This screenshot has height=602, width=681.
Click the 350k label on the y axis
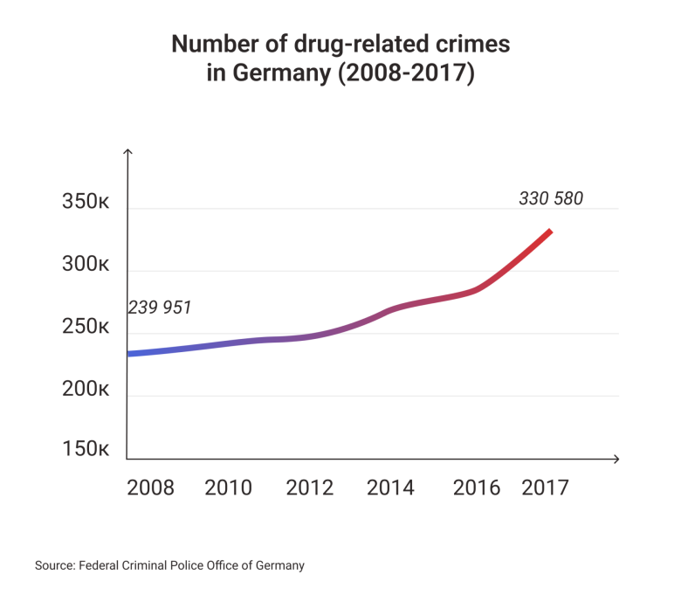tap(85, 203)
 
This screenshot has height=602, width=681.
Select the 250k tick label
tap(85, 329)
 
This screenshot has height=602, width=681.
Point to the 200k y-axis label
tap(85, 390)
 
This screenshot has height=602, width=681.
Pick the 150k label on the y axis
tap(85, 450)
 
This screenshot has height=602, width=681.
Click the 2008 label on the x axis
tap(150, 488)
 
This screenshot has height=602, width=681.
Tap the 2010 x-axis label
tap(229, 488)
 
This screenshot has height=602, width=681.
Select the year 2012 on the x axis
tap(310, 488)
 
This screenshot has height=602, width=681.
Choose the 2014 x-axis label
tap(390, 488)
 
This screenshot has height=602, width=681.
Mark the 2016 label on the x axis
tap(477, 488)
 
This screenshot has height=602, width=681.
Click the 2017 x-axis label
tap(545, 488)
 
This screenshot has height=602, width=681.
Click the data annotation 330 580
tap(550, 199)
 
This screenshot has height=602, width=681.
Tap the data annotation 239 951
tap(160, 308)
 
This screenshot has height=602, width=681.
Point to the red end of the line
tap(549, 232)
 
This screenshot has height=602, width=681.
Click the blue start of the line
tap(131, 354)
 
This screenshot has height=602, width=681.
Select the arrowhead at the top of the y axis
tap(127, 153)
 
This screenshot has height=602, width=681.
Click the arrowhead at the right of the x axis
tap(616, 459)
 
